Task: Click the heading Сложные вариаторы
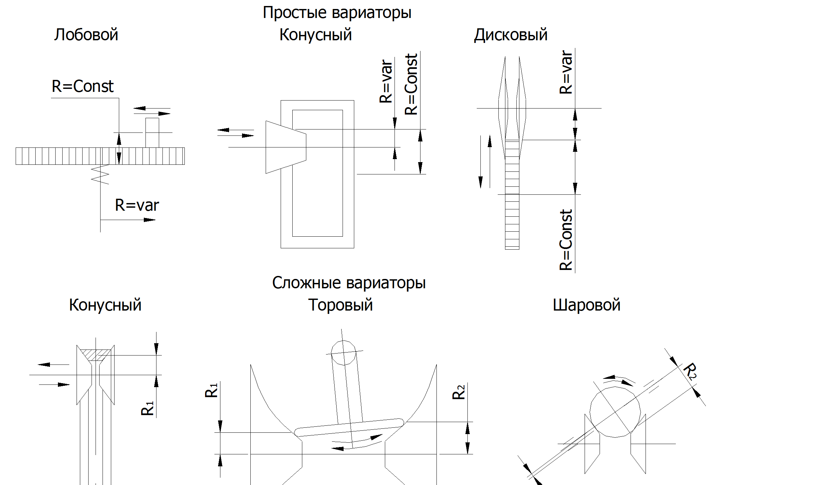point(349,283)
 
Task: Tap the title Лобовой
point(86,35)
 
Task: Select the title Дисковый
point(510,35)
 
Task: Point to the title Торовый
point(340,305)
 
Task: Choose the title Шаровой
point(586,305)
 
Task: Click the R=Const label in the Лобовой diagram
point(83,87)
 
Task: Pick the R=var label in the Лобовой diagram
point(137,205)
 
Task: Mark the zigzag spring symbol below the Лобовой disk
point(100,174)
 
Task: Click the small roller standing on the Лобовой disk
point(152,132)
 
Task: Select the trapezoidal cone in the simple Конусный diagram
point(285,147)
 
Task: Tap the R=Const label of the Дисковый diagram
point(566,240)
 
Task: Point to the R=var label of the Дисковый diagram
point(566,72)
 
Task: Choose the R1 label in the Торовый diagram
point(211,390)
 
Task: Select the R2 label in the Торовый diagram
point(458,392)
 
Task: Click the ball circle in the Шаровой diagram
point(615,412)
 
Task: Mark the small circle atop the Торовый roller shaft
point(344,353)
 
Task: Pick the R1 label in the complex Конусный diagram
point(147,408)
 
